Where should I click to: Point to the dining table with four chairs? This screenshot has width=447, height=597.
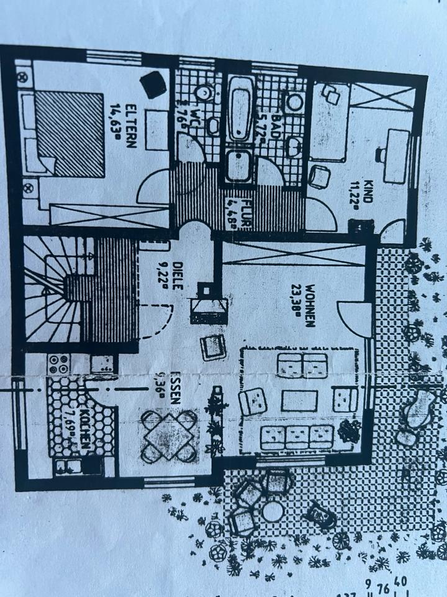168,436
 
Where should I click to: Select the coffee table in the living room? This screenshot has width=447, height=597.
299,401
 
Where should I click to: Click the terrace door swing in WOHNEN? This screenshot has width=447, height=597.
354,320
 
